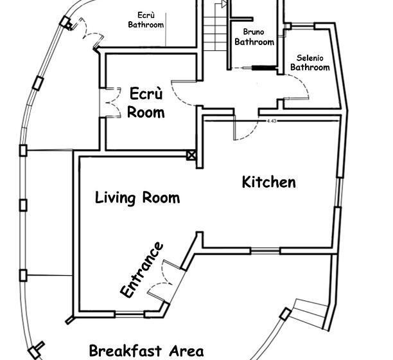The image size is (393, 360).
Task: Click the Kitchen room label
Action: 268,182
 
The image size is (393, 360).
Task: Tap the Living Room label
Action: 137,198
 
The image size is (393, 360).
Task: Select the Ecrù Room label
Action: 146,103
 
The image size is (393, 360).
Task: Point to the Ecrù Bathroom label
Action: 146,20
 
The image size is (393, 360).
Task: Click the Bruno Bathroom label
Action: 254,37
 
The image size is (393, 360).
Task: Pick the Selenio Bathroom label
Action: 310,63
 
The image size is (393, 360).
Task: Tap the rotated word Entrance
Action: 142,270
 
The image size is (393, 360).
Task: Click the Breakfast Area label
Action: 146,351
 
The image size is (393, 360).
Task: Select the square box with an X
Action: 191,156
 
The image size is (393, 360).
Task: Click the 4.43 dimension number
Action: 272,121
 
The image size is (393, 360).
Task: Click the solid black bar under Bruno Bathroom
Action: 264,67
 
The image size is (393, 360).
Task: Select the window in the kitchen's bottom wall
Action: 265,250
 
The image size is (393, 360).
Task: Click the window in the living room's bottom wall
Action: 130,314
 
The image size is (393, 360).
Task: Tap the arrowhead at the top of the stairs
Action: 224,4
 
